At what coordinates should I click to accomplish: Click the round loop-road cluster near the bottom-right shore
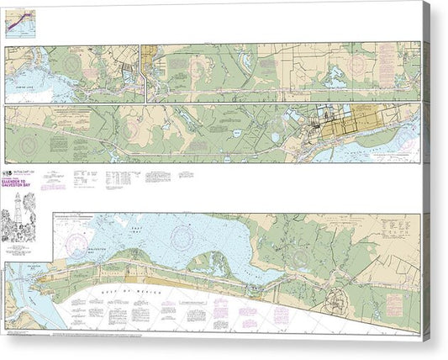click(x=340, y=298)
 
